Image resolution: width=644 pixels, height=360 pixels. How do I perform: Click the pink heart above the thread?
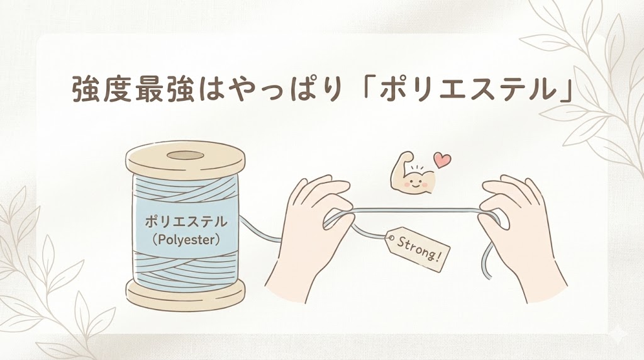click(443, 160)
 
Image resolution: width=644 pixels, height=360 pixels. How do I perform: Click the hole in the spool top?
click(186, 155)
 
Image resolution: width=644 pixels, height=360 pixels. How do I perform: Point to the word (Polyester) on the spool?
click(186, 240)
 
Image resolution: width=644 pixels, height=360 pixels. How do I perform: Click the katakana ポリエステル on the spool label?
click(186, 222)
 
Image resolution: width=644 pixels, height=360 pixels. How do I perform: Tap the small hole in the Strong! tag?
click(391, 238)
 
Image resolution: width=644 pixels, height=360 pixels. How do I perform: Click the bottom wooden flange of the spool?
click(186, 295)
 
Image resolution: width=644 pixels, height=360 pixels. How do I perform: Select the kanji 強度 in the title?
click(102, 88)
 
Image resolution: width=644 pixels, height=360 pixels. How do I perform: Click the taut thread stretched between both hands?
click(416, 211)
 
